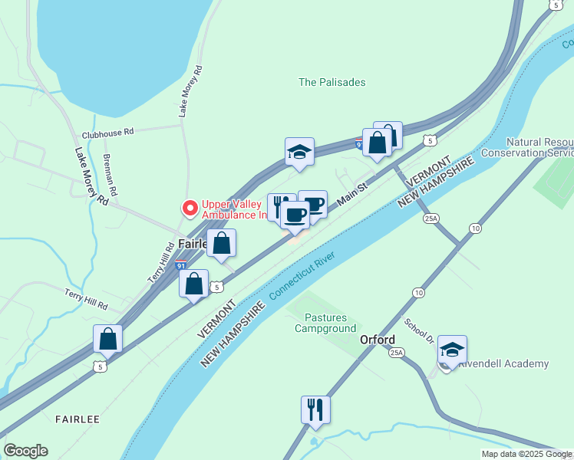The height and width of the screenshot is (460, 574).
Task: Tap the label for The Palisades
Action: [332, 82]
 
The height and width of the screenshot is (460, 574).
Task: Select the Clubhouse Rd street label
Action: [107, 132]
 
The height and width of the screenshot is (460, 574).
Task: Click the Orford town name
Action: [378, 340]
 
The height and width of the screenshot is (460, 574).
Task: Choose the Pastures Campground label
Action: [326, 323]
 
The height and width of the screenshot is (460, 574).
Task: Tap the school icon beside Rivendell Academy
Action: [453, 350]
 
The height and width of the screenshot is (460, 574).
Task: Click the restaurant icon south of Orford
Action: [315, 409]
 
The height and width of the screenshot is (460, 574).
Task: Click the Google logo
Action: [25, 451]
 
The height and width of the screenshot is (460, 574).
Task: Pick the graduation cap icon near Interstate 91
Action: [299, 151]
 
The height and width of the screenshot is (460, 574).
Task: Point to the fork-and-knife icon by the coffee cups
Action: [279, 206]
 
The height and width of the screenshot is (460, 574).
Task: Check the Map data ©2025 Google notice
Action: [527, 454]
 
